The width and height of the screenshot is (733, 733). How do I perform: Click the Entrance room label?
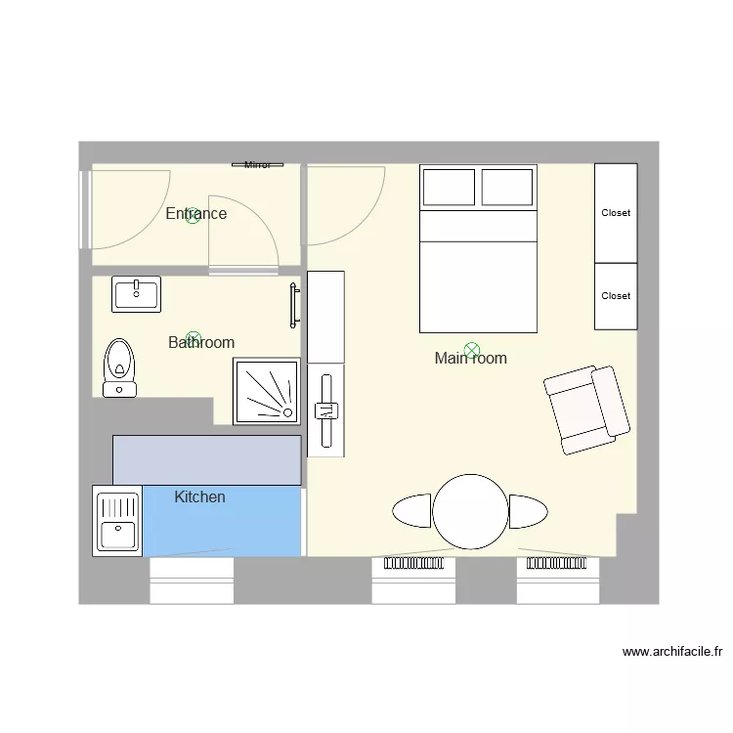pos(195,213)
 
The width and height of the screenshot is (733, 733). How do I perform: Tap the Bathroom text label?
pos(201,342)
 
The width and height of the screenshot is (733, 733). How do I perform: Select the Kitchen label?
pos(199,496)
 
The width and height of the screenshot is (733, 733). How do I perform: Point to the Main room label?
pos(470,359)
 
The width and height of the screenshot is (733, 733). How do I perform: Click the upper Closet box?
pos(616,213)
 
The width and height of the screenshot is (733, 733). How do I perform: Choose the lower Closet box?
pos(616,296)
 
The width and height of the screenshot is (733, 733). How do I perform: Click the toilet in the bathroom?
pos(119,366)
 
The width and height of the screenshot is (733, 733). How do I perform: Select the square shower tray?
pos(266,391)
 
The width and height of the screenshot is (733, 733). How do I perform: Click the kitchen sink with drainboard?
pos(117,521)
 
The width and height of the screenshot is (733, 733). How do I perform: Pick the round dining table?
pos(470,511)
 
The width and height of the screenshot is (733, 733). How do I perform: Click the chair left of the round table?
pos(412,511)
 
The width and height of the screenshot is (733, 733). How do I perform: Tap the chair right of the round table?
pos(528,511)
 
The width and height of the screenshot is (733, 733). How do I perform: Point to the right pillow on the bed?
pos(507,188)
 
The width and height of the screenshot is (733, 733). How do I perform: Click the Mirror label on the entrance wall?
pos(257,165)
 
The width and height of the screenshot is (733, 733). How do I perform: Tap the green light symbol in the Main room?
pos(472,349)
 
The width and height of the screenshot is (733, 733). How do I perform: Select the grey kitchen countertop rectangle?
pos(206,460)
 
